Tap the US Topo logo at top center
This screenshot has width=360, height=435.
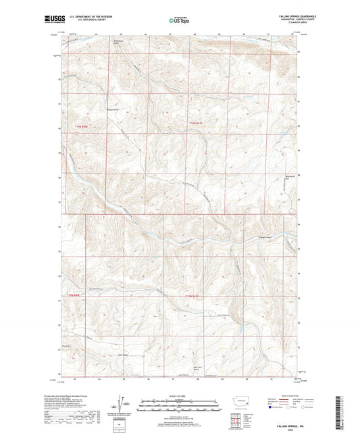click(x=179, y=21)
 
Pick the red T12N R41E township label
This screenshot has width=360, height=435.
click(x=193, y=296)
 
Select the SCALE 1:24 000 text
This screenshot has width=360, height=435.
click(x=179, y=395)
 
